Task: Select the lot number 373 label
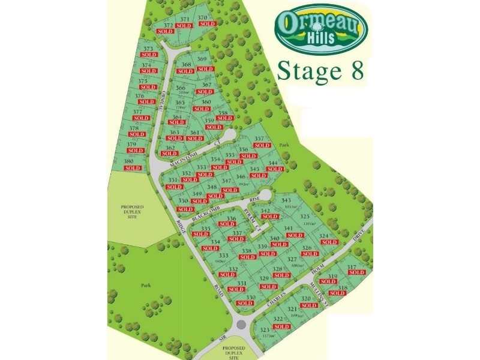point(148,49)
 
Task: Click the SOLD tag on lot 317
point(356,272)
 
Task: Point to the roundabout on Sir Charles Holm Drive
point(242,325)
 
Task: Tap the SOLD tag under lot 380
point(132,168)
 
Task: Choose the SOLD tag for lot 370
point(206,24)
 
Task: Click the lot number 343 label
point(286,200)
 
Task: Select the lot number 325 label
point(305,217)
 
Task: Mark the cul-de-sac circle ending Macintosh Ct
point(228,135)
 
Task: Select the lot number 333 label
point(223,256)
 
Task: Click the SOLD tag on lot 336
point(227,224)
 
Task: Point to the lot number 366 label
point(181,88)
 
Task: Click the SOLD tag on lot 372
point(164,31)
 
